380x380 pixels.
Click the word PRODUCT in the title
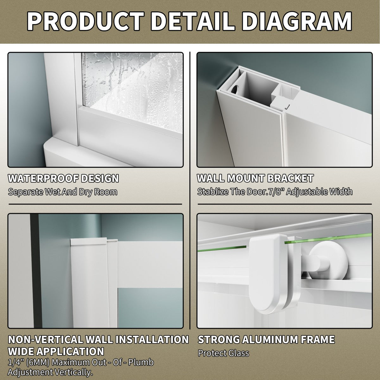pos(85,21)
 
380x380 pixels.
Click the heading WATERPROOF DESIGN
pos(63,178)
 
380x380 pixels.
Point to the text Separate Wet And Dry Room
pos(63,192)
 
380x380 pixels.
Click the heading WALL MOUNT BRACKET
pos(255,178)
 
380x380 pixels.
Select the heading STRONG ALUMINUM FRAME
pos(266,339)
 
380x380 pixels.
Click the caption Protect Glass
pos(224,353)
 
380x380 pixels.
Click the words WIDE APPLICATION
pos(56,351)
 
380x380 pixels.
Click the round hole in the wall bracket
pos(235,90)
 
